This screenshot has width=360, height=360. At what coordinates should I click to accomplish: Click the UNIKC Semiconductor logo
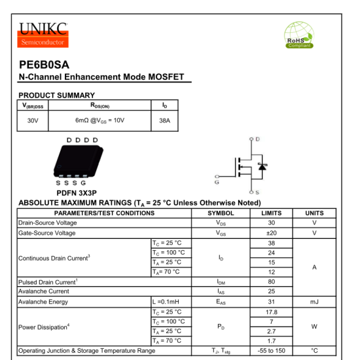[44, 34]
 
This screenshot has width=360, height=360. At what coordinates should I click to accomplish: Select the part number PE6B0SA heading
[45, 65]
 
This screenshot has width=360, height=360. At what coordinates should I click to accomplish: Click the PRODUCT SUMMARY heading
[56, 96]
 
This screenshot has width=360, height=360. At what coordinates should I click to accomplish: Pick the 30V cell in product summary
[33, 120]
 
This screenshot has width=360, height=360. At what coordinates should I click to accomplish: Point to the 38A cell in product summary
[164, 120]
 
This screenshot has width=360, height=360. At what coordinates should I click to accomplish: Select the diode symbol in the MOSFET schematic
[262, 166]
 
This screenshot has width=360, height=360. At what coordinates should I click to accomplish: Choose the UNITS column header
[314, 213]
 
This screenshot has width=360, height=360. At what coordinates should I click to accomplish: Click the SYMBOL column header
[221, 213]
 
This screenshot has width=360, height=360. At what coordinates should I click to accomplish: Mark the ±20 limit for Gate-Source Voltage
[271, 233]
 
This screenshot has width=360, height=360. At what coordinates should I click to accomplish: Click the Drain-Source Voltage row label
[48, 223]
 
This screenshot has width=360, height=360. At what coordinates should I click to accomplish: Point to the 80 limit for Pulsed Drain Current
[271, 281]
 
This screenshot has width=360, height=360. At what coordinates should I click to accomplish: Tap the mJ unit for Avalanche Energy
[314, 302]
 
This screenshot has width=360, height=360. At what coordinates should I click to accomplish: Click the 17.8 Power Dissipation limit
[271, 312]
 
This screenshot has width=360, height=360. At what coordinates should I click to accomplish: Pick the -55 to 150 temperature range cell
[271, 351]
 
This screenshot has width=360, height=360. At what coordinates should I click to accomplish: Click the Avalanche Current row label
[44, 291]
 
